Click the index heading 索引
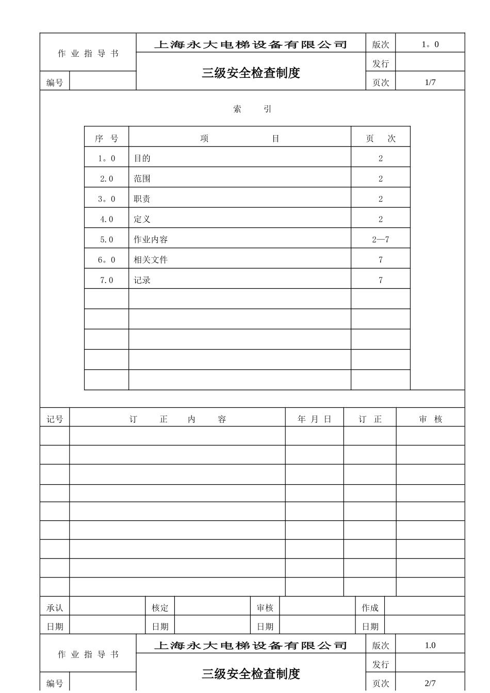tap(252, 109)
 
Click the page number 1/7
tap(430, 82)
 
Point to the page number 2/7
tap(430, 683)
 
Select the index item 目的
tap(142, 158)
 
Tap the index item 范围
tap(142, 178)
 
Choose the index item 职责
tap(142, 199)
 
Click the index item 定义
tap(142, 219)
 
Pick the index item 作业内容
tap(151, 239)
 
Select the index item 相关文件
tap(151, 260)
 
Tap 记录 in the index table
tap(142, 280)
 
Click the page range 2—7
tap(381, 239)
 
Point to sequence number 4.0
tap(107, 219)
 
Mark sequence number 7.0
tap(107, 280)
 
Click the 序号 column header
tap(107, 139)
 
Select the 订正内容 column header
tap(177, 419)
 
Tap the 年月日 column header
tap(314, 419)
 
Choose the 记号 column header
tap(55, 419)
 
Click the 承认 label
tap(55, 608)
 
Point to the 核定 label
tap(160, 608)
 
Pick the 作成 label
tap(370, 608)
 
